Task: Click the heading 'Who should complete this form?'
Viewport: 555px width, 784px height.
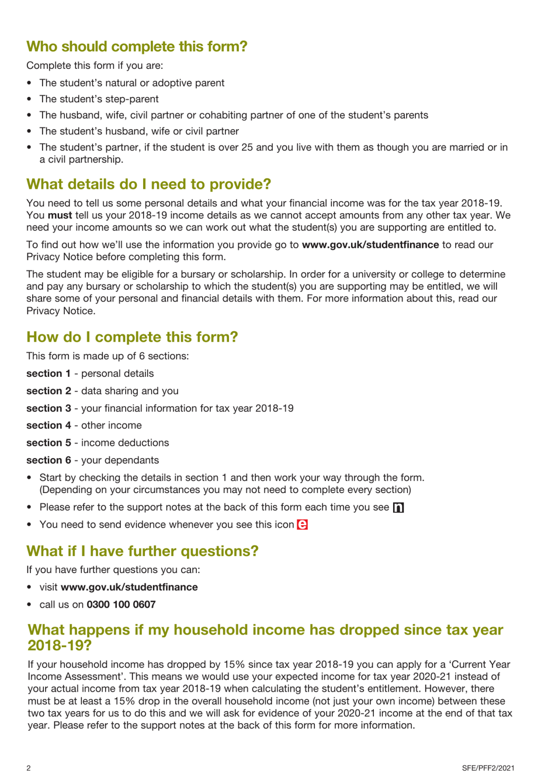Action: coord(137,47)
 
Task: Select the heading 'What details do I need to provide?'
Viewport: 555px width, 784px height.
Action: coord(148,184)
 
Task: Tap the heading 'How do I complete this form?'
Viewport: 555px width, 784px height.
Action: coord(132,337)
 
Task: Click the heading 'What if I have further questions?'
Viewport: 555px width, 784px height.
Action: coord(142,551)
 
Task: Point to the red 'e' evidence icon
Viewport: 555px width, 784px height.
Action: coord(302,525)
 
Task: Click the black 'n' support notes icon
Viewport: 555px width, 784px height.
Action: coord(398,508)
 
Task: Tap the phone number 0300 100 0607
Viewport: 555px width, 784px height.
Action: coord(121,605)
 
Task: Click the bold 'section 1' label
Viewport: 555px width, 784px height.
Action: coord(48,374)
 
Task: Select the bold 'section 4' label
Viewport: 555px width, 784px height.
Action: coord(48,426)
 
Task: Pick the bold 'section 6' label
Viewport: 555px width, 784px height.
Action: coord(48,460)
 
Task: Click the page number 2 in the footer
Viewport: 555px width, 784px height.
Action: coord(29,768)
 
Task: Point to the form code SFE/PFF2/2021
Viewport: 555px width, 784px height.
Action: coord(488,768)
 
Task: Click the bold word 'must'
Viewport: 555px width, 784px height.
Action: coord(60,216)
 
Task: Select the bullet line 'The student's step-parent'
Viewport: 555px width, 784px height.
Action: coord(99,99)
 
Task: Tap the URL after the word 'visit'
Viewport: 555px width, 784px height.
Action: coord(129,587)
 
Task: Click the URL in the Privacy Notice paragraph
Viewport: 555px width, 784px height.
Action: coord(370,245)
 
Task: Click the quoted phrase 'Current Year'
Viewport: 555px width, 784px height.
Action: coord(480,665)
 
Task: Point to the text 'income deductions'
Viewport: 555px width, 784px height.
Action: coord(125,443)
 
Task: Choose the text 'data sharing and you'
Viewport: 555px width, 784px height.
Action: coord(130,391)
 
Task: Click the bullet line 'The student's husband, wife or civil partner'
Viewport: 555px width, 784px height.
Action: coord(139,131)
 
